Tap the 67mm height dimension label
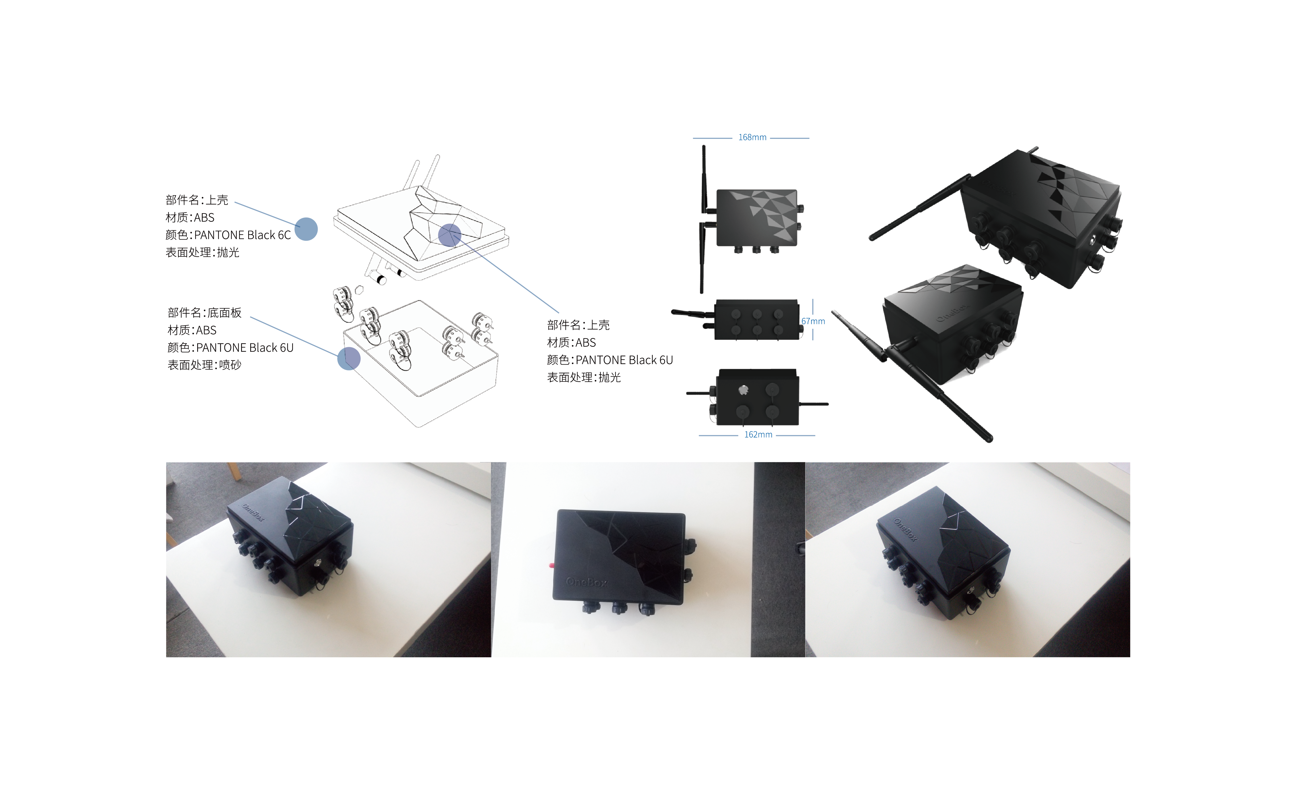[x=813, y=321]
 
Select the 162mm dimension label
[x=758, y=435]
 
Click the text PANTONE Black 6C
[x=242, y=235]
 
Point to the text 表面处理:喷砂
[x=204, y=365]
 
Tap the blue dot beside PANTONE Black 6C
[x=306, y=229]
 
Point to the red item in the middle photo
[x=552, y=565]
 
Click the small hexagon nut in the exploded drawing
[x=359, y=290]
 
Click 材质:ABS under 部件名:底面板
[x=192, y=330]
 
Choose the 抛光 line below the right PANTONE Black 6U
[x=584, y=377]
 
